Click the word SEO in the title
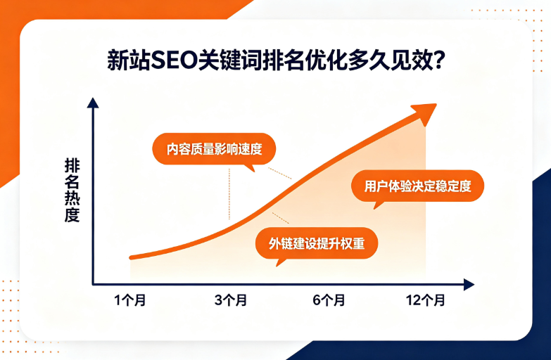click(x=175, y=60)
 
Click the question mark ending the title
click(x=438, y=60)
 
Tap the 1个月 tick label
click(x=130, y=300)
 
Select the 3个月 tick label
click(x=231, y=300)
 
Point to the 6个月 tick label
click(x=329, y=300)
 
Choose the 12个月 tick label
click(x=425, y=300)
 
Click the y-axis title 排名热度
click(x=72, y=191)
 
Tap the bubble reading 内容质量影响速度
click(x=214, y=149)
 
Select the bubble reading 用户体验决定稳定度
click(x=417, y=186)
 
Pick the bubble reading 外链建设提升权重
click(x=316, y=243)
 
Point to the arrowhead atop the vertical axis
click(x=93, y=103)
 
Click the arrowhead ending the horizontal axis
click(x=469, y=285)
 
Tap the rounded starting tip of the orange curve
click(x=132, y=258)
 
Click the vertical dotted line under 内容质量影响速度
click(x=229, y=194)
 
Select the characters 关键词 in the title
click(x=230, y=60)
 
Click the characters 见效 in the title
click(x=410, y=60)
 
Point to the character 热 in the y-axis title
click(x=72, y=198)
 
